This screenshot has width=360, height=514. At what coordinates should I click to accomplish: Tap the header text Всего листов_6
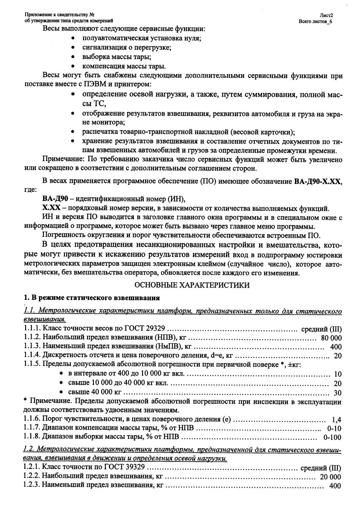coord(317,21)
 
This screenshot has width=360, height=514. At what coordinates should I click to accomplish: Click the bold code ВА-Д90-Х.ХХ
coord(317,182)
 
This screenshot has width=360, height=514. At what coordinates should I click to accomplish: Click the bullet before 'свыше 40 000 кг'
coord(61,392)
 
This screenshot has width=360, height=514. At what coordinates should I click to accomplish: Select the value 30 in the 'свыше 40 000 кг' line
coord(338,393)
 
